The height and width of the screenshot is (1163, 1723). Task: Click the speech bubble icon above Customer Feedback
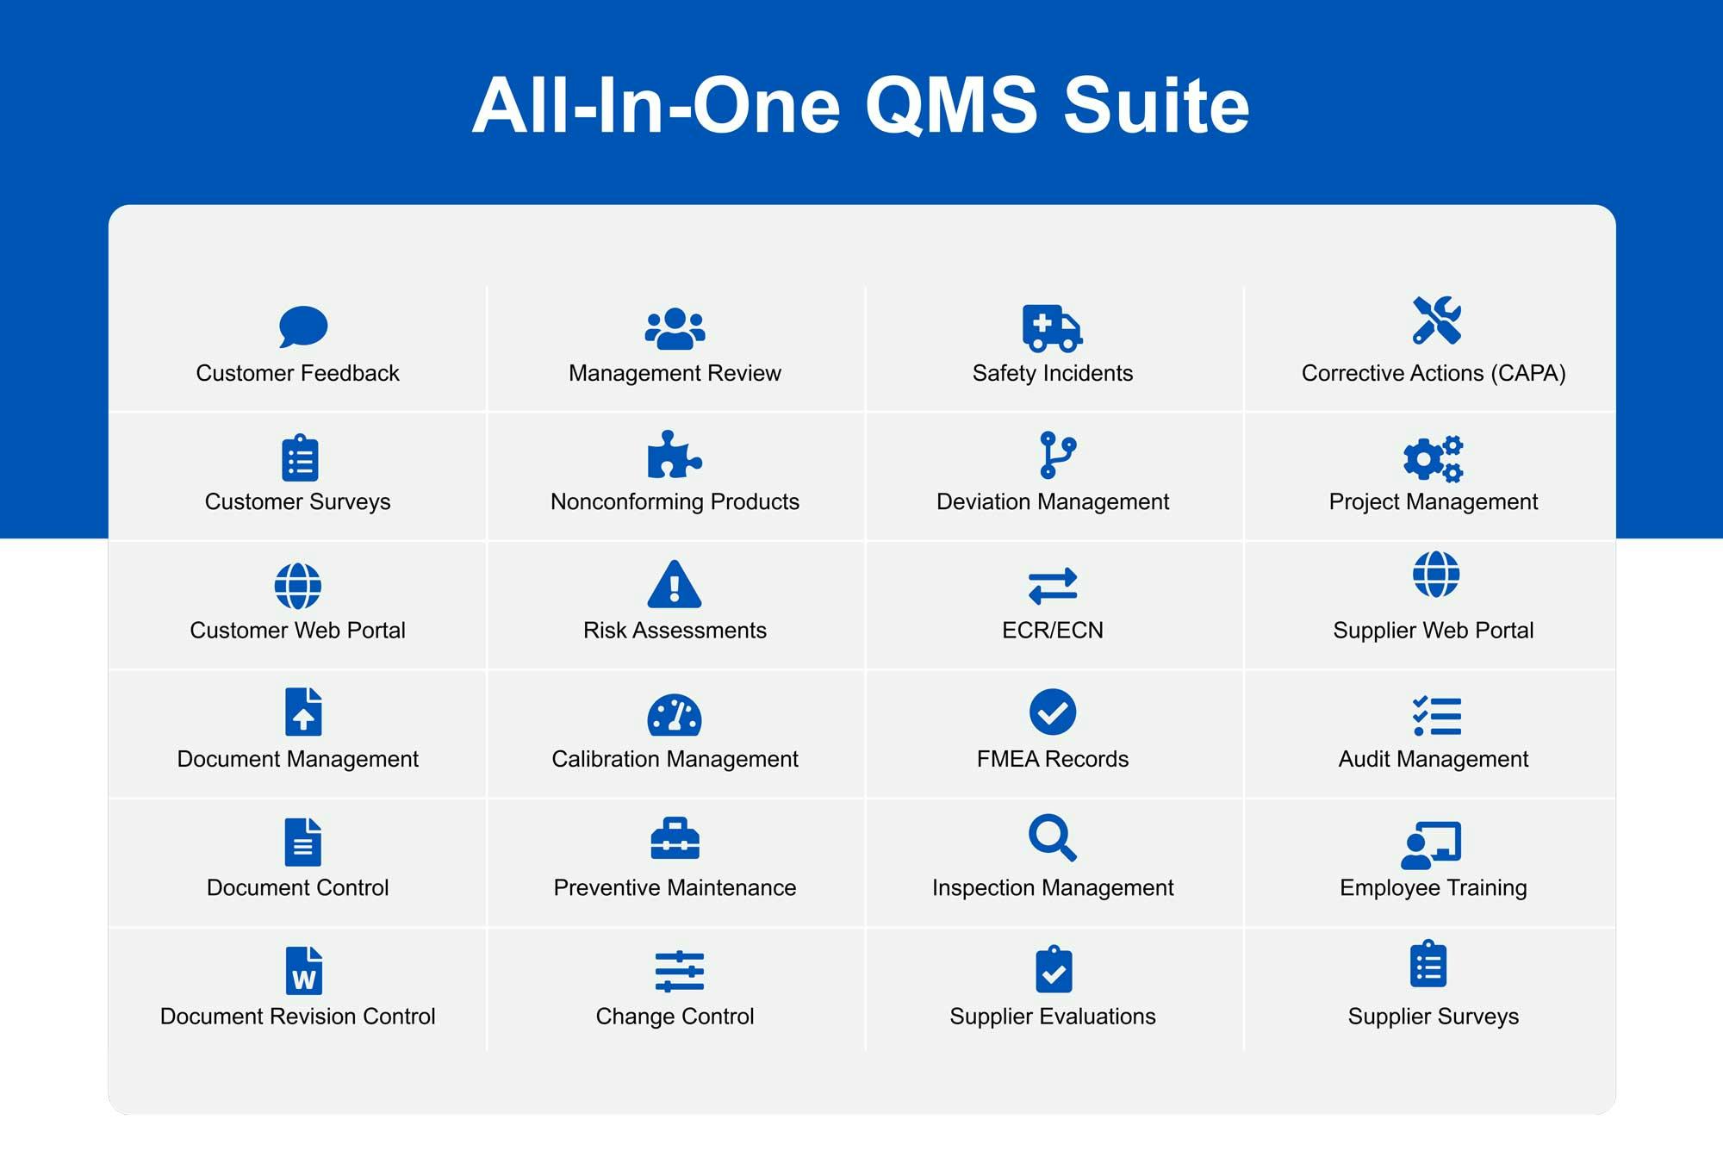point(303,327)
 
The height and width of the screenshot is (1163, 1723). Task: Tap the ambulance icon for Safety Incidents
point(1052,327)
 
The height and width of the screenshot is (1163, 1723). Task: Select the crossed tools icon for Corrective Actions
point(1436,320)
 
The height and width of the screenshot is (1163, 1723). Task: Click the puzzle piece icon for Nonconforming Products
point(675,454)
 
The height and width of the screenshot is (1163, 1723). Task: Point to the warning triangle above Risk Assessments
point(675,584)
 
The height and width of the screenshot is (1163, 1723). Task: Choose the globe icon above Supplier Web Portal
point(1436,574)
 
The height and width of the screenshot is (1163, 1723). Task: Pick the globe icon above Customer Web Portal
point(298,586)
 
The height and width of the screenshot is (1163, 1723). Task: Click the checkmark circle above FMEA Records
point(1053,712)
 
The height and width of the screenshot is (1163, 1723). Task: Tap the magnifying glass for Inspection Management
point(1053,837)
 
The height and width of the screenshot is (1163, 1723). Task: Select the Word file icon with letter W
point(303,970)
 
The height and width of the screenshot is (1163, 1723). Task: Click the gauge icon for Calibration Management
point(675,715)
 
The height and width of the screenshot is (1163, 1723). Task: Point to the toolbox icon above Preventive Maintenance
point(675,838)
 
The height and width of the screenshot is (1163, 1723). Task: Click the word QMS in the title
point(951,106)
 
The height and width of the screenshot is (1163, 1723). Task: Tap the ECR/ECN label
point(1053,631)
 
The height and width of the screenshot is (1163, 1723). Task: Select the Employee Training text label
point(1434,888)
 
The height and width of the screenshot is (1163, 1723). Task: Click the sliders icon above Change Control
point(679,972)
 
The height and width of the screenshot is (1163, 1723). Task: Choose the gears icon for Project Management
point(1434,458)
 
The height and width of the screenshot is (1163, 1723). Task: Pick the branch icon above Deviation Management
point(1057,455)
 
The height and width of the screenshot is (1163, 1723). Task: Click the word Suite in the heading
point(1156,106)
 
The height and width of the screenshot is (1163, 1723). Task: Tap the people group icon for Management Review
point(675,328)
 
